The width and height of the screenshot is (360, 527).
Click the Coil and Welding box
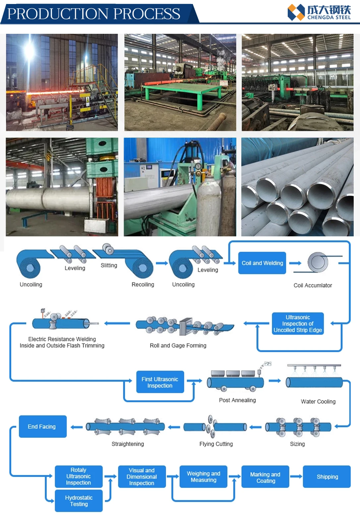click(x=262, y=263)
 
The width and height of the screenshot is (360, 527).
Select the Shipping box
click(x=327, y=477)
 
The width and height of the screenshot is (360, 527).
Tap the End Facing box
click(x=42, y=427)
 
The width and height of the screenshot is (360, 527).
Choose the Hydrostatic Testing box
click(x=79, y=501)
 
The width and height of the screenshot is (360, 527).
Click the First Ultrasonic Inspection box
click(x=160, y=382)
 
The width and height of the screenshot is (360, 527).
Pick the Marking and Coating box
click(x=265, y=477)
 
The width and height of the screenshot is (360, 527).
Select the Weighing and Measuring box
click(x=203, y=477)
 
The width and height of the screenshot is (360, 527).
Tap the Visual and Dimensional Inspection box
click(x=142, y=477)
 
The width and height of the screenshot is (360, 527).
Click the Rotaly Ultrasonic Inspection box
click(x=78, y=476)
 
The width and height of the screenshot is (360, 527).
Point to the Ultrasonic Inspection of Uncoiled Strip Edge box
click(x=298, y=323)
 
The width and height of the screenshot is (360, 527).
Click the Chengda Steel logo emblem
click(x=296, y=13)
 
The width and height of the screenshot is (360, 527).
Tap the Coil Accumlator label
click(x=313, y=285)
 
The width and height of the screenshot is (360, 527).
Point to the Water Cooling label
click(x=318, y=401)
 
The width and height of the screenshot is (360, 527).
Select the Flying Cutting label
click(x=216, y=444)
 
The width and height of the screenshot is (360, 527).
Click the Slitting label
click(x=109, y=265)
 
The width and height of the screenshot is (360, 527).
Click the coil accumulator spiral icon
click(x=318, y=262)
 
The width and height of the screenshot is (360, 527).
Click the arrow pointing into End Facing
click(x=76, y=427)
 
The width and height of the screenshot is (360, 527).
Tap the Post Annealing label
click(x=237, y=400)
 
